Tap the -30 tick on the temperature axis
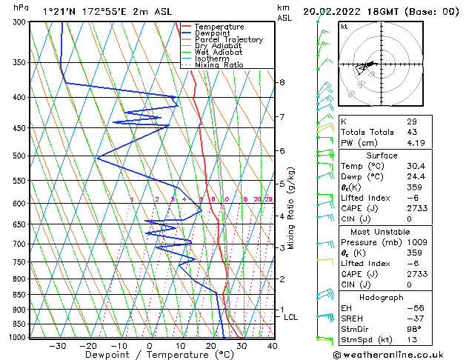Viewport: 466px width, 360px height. coord(57,345)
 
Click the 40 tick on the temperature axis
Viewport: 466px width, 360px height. coord(272,345)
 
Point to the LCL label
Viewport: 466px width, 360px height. coord(291,317)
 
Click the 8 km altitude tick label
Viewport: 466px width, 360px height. coord(282,82)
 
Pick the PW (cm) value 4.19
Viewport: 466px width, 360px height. coord(415,143)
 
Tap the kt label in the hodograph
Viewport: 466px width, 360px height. coord(344,27)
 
